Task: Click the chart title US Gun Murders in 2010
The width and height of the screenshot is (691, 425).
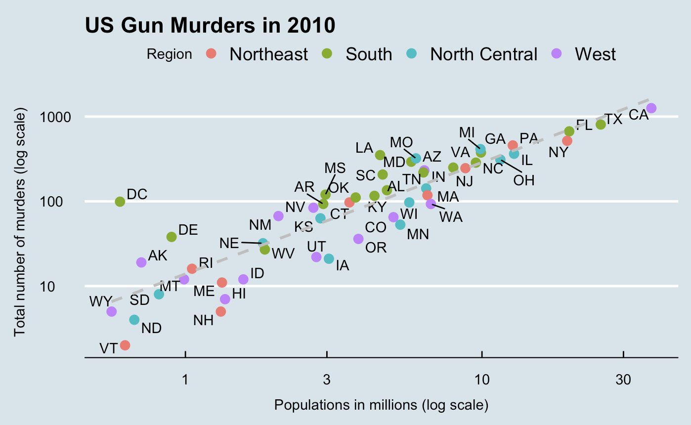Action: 210,25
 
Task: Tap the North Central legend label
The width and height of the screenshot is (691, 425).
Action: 483,54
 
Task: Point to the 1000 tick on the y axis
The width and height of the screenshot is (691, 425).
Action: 58,117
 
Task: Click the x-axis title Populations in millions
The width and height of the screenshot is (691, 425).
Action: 381,406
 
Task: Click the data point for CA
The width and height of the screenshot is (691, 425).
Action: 651,108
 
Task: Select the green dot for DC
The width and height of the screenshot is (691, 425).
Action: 120,201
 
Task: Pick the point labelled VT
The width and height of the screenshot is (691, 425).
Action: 125,345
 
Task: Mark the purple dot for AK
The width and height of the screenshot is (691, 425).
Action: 141,262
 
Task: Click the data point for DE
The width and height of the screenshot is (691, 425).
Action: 172,237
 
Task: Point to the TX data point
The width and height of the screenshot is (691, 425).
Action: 601,125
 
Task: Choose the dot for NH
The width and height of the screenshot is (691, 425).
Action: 221,311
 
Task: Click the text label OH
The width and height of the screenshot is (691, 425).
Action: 524,180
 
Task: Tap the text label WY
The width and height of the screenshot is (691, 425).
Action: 100,301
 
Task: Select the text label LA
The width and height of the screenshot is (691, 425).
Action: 364,148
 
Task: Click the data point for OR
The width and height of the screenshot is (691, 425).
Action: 358,239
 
